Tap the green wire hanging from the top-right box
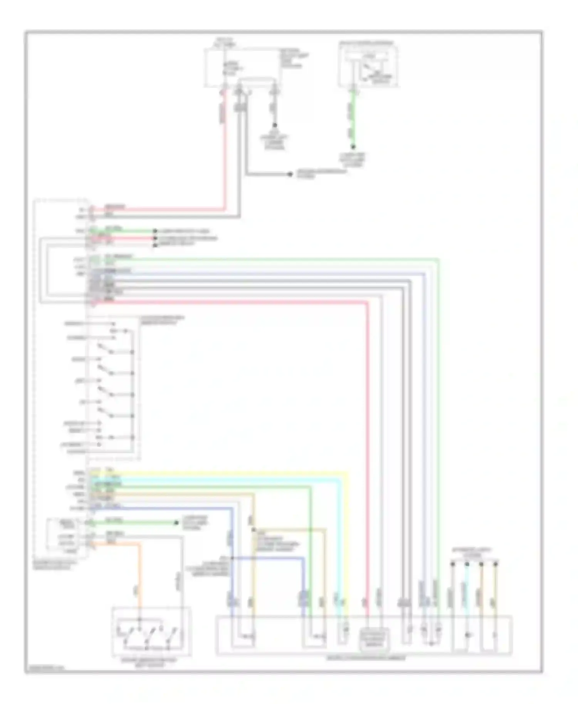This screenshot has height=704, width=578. [353, 119]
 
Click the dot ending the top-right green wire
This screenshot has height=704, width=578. [353, 147]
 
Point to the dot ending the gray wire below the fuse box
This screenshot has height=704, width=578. [290, 174]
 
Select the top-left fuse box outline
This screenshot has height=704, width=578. [243, 67]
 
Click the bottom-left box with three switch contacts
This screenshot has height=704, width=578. [151, 632]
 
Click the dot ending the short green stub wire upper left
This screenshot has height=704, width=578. [155, 231]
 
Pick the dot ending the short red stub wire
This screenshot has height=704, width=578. [155, 238]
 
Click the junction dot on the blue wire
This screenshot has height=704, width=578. [232, 558]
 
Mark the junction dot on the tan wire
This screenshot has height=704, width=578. [254, 530]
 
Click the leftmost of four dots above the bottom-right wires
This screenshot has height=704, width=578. [452, 564]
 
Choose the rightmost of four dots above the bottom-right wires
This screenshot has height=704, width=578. [496, 564]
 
